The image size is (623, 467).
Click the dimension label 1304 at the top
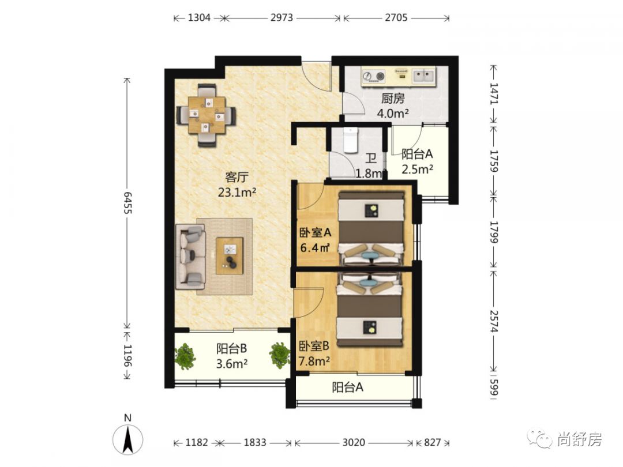tap(199, 17)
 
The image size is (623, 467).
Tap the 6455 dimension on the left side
tap(127, 203)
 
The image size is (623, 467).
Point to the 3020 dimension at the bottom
tap(354, 442)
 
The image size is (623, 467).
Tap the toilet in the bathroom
tap(351, 140)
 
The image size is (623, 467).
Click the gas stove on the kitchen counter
tap(374, 76)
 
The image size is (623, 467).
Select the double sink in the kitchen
tap(423, 76)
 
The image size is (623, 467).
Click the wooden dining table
tap(207, 115)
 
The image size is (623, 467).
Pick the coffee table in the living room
tap(229, 256)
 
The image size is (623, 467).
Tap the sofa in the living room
tap(191, 257)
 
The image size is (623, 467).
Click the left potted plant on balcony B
tap(185, 356)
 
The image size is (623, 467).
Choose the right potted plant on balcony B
tap(280, 355)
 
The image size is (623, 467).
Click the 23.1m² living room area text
tap(237, 193)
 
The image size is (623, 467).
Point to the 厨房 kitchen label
tap(393, 98)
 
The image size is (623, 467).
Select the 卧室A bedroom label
tap(315, 232)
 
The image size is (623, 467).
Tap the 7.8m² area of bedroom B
tap(314, 361)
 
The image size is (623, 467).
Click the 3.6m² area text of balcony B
tap(232, 363)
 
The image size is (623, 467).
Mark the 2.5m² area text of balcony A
tap(417, 170)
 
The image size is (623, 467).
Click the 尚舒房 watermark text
tap(579, 439)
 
